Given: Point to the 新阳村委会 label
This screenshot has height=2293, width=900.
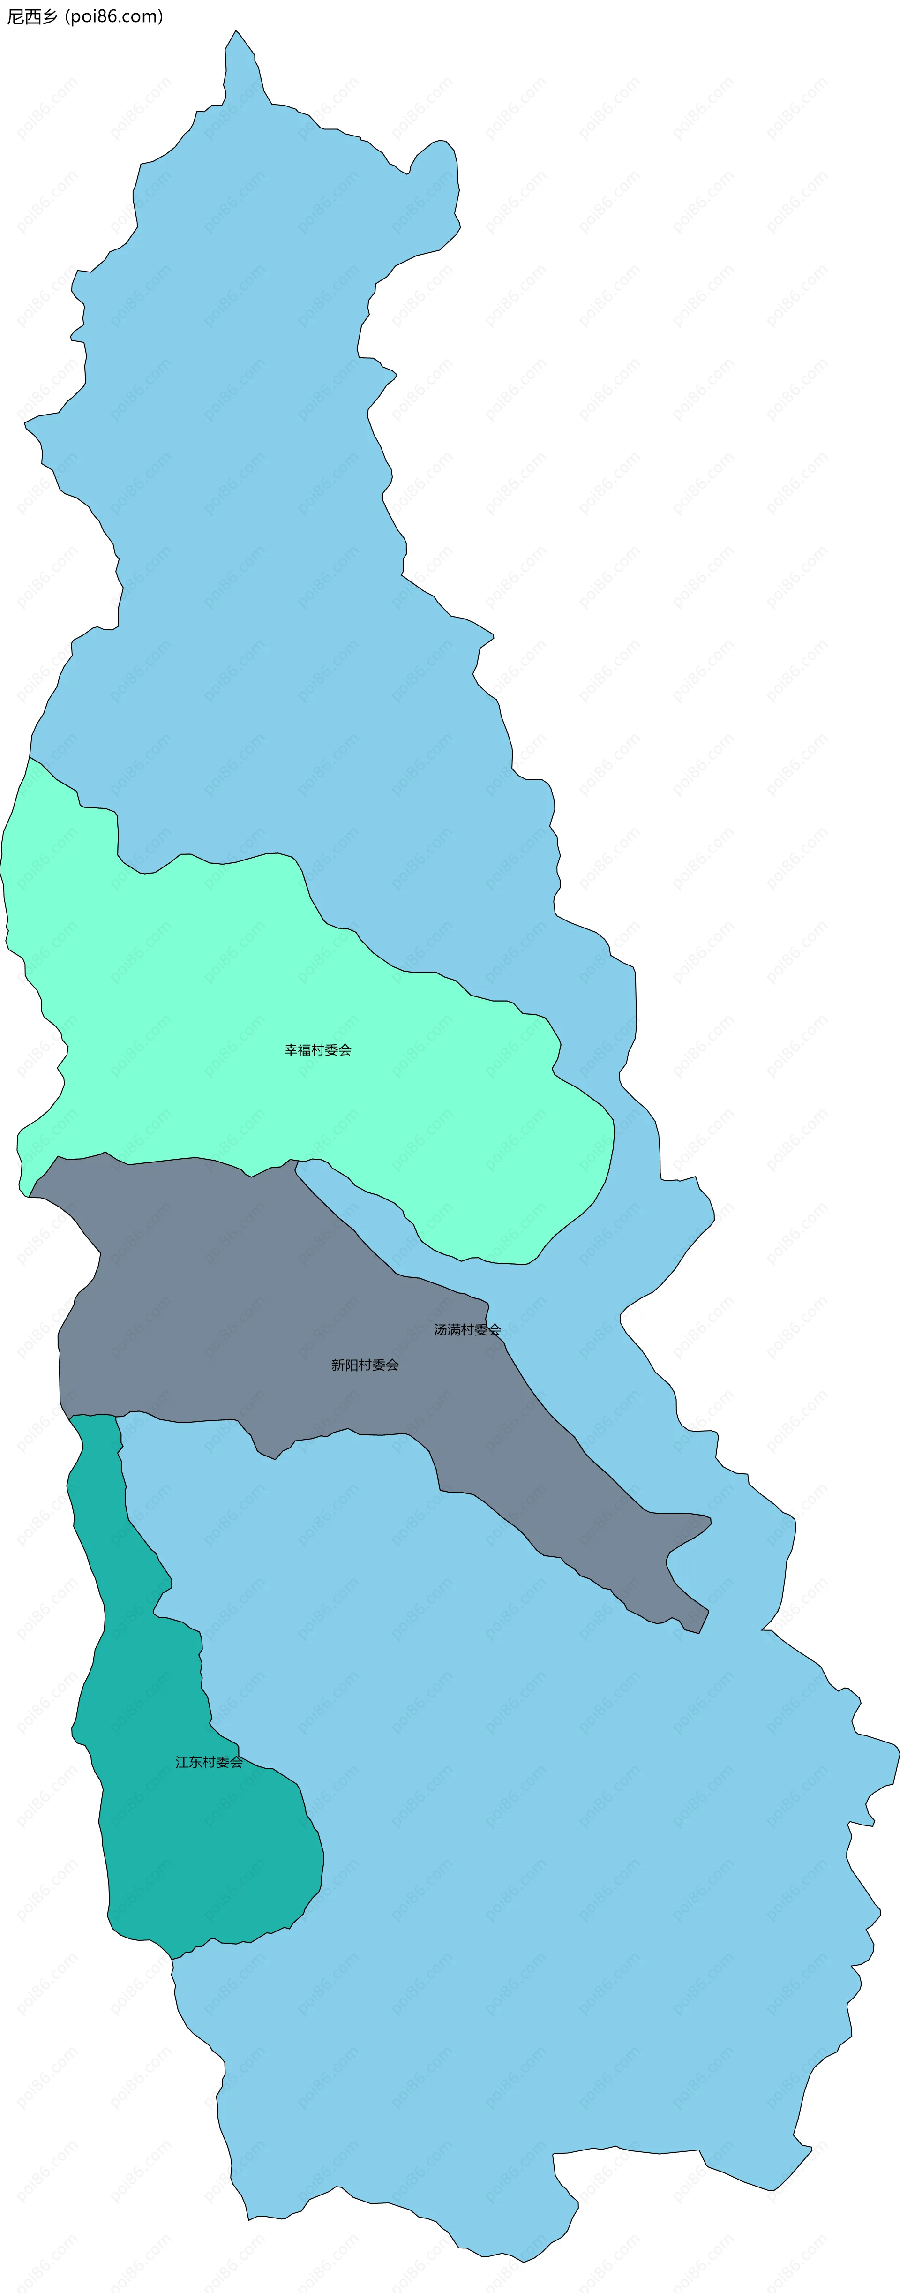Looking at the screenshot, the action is (x=365, y=1365).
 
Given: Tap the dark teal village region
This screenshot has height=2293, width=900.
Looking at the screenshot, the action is (x=205, y=1842).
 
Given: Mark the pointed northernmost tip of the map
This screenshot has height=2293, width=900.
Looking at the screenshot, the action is (x=236, y=32).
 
